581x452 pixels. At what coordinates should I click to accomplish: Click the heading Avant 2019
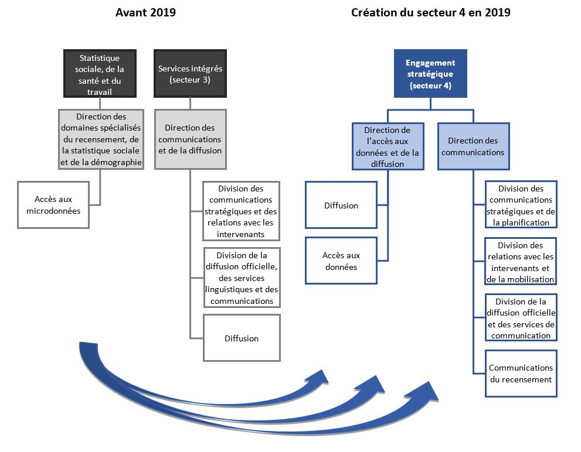[x=145, y=12]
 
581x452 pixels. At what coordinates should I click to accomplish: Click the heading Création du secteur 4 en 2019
[x=430, y=12]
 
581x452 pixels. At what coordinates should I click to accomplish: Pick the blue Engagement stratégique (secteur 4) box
[x=430, y=73]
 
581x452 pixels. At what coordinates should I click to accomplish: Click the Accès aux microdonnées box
[x=53, y=205]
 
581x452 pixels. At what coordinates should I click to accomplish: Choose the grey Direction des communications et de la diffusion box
[x=190, y=139]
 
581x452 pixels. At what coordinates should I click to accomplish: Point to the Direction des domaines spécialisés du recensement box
[x=101, y=139]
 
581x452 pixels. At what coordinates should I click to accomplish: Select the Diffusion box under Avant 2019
[x=242, y=338]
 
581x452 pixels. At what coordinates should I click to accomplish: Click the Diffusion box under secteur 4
[x=341, y=205]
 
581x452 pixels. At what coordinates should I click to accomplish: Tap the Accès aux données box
[x=341, y=261]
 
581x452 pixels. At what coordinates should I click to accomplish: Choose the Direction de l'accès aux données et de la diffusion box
[x=388, y=146]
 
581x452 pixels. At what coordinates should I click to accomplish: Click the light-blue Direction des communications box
[x=473, y=146]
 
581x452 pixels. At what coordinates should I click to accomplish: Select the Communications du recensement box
[x=521, y=374]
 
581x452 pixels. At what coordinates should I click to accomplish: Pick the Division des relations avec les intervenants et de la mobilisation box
[x=521, y=262]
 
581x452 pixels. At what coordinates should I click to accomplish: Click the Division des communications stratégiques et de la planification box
[x=521, y=205]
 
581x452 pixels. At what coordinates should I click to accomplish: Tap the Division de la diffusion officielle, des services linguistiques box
[x=242, y=278]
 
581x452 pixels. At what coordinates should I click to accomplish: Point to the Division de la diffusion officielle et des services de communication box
[x=521, y=318]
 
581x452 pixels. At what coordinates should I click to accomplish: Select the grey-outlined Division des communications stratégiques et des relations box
[x=242, y=211]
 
